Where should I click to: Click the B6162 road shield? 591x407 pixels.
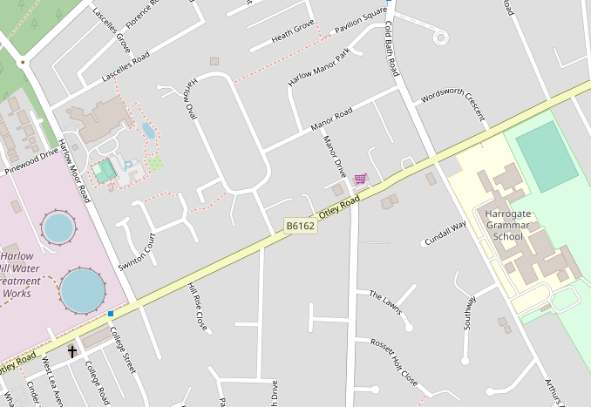click(301, 226)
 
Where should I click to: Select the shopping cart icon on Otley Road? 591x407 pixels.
click(360, 179)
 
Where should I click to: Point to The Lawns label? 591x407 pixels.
click(385, 302)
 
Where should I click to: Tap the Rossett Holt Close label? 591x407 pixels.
click(393, 363)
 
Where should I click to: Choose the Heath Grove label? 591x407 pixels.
click(292, 31)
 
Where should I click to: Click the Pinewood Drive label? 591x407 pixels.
click(31, 157)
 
